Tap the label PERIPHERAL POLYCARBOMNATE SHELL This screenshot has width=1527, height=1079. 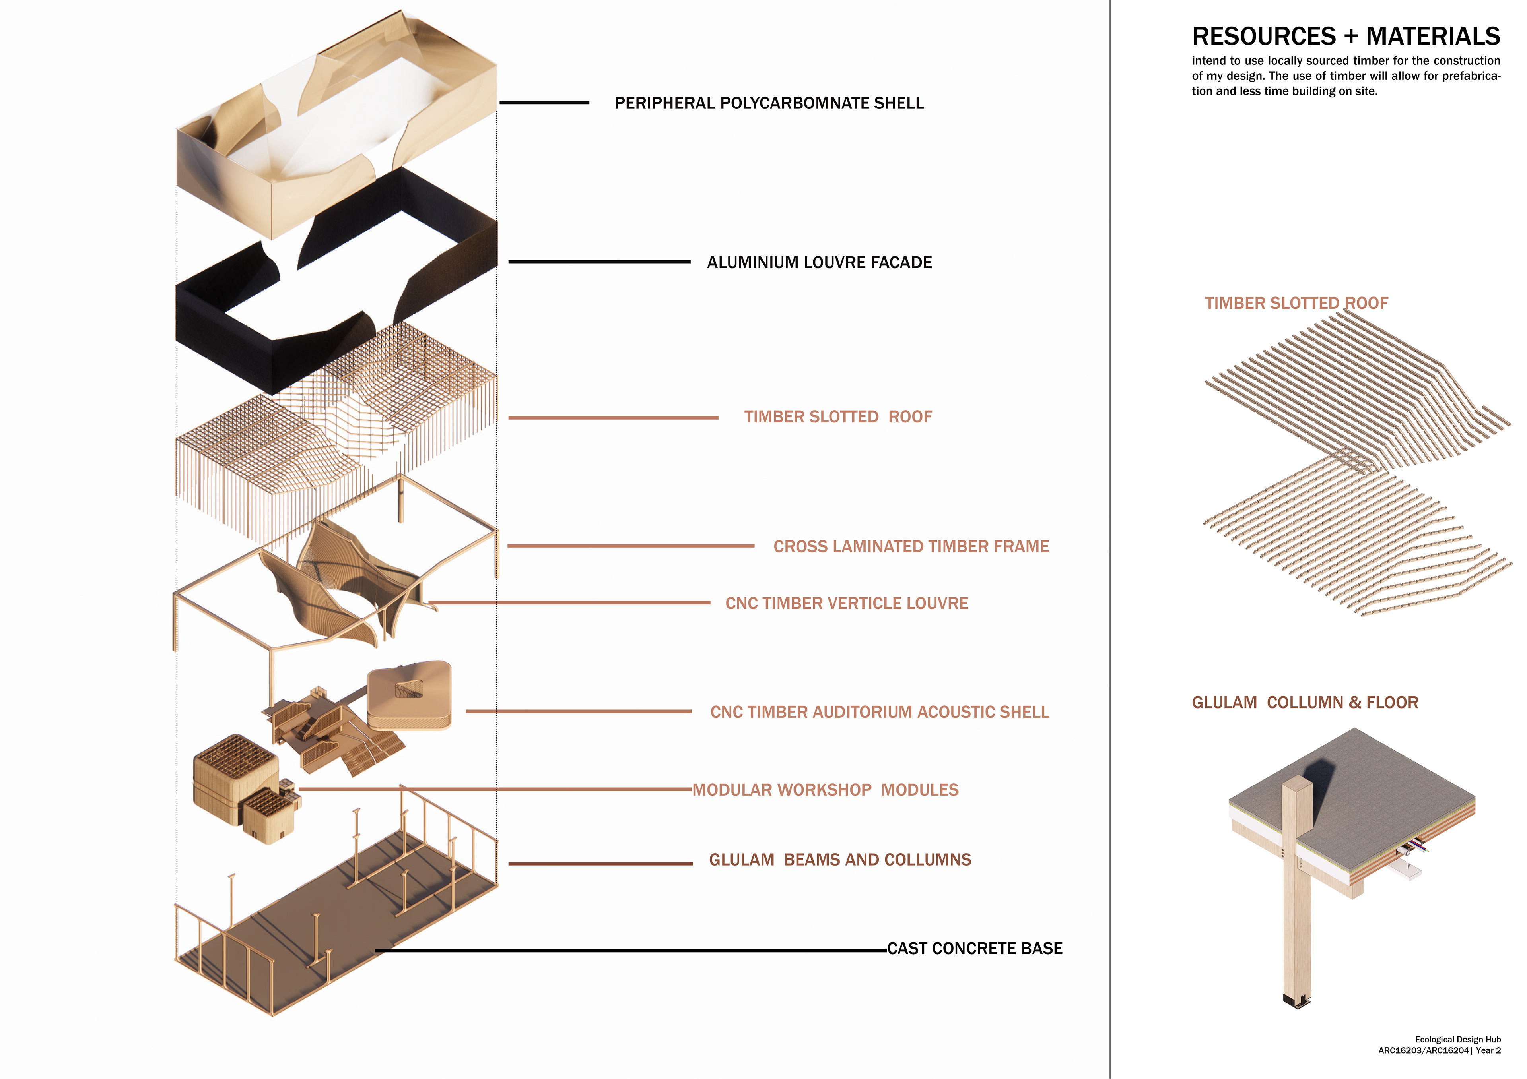pyautogui.click(x=769, y=103)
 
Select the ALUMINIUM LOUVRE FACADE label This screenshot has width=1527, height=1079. pyautogui.click(x=819, y=263)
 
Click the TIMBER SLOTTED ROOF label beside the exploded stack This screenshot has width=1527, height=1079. pyautogui.click(x=837, y=417)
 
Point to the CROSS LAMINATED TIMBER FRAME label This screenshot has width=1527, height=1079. pyautogui.click(x=911, y=546)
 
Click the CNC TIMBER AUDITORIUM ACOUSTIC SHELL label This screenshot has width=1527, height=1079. pyautogui.click(x=879, y=712)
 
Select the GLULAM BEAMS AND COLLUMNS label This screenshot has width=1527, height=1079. pyautogui.click(x=839, y=860)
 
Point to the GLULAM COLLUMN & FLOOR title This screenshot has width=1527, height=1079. pyautogui.click(x=1304, y=703)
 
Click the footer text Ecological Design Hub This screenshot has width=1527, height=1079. pyautogui.click(x=1457, y=1039)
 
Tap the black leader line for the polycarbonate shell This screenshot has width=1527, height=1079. pyautogui.click(x=544, y=103)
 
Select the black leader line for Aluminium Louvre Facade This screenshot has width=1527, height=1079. pyautogui.click(x=598, y=262)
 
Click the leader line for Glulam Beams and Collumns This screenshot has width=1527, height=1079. pyautogui.click(x=600, y=864)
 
